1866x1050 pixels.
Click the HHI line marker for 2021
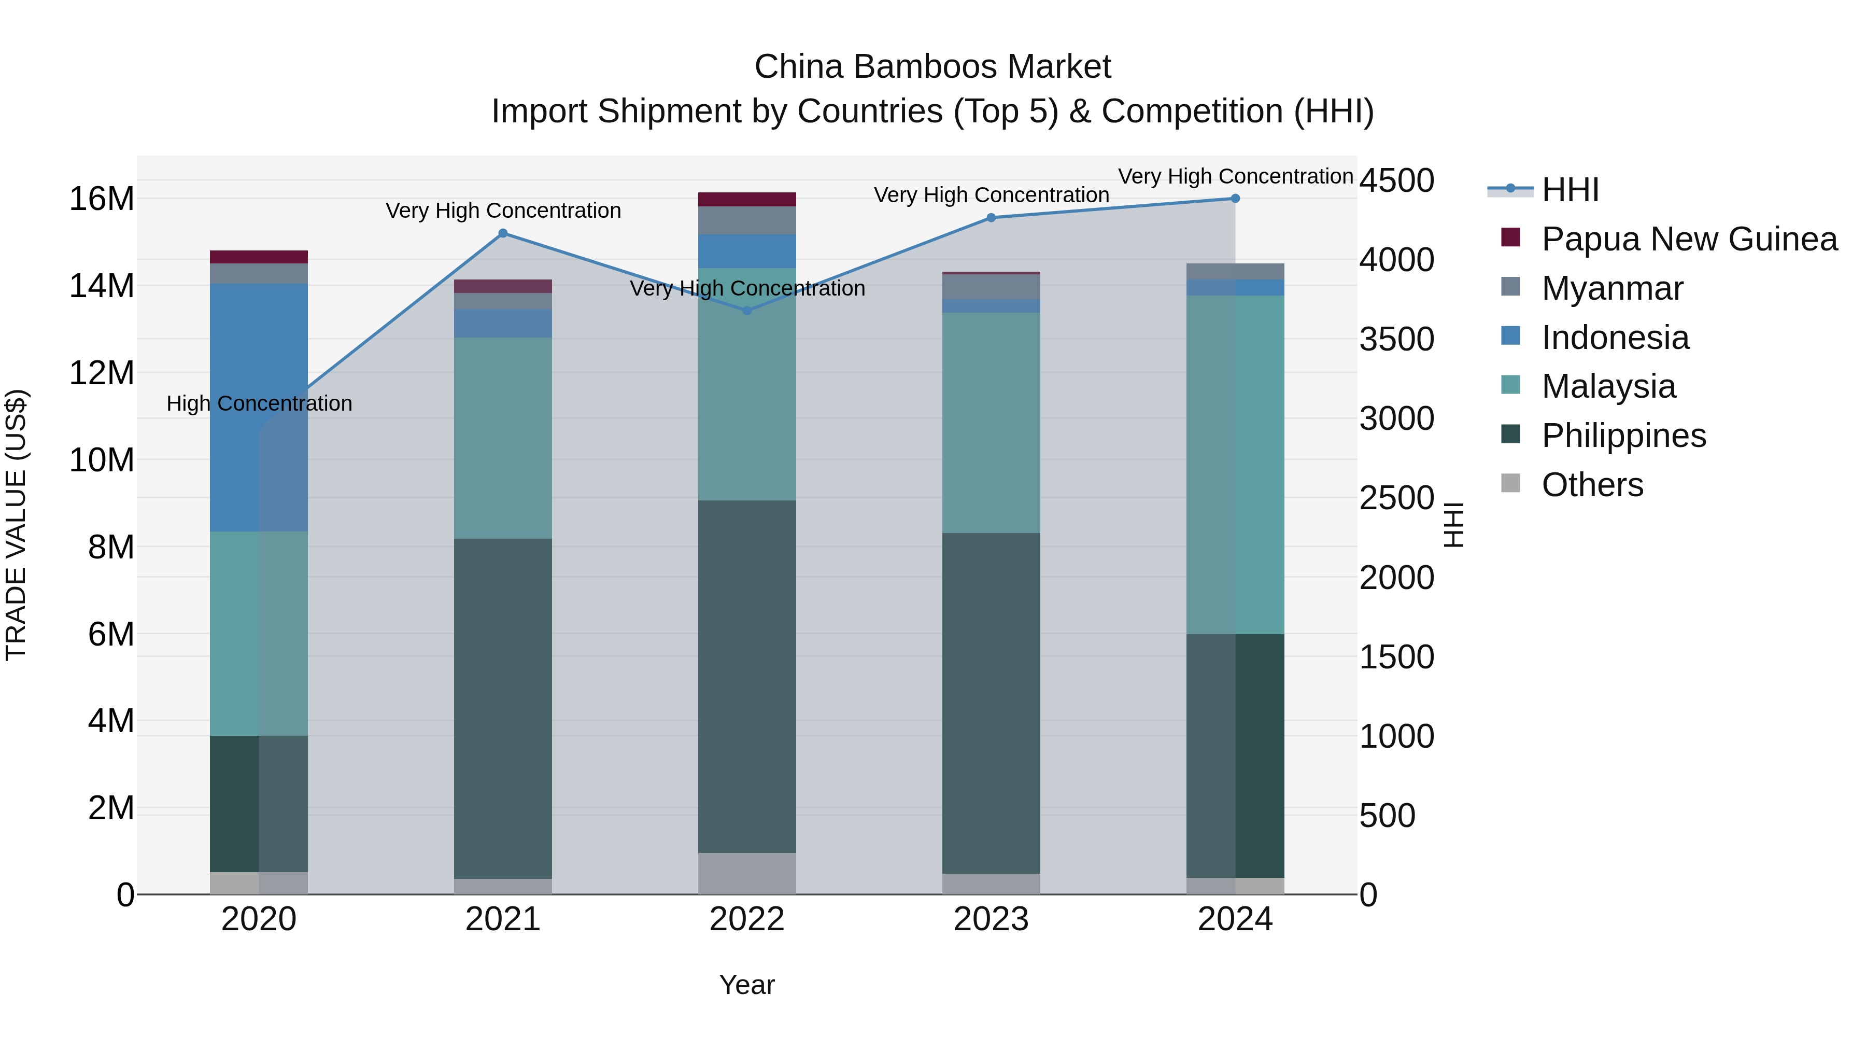click(x=503, y=233)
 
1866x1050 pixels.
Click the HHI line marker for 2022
click(x=747, y=311)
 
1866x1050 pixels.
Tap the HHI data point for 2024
click(x=1235, y=199)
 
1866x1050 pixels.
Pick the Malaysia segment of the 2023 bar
click(x=991, y=423)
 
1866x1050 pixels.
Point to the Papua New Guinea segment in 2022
click(x=747, y=199)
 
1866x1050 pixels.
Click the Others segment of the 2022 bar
click(x=747, y=873)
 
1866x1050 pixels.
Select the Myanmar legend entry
click(x=1611, y=288)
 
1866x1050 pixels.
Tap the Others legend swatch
click(x=1510, y=483)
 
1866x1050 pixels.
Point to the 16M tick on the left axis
click(x=102, y=199)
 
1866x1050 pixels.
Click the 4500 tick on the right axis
click(x=1396, y=180)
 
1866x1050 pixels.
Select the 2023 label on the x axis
click(x=991, y=919)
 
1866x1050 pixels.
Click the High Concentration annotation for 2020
click(x=259, y=403)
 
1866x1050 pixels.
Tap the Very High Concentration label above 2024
click(x=1235, y=176)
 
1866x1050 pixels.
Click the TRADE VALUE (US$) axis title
click(x=16, y=525)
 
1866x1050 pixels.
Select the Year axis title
click(x=747, y=985)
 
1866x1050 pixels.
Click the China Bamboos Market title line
click(x=932, y=67)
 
